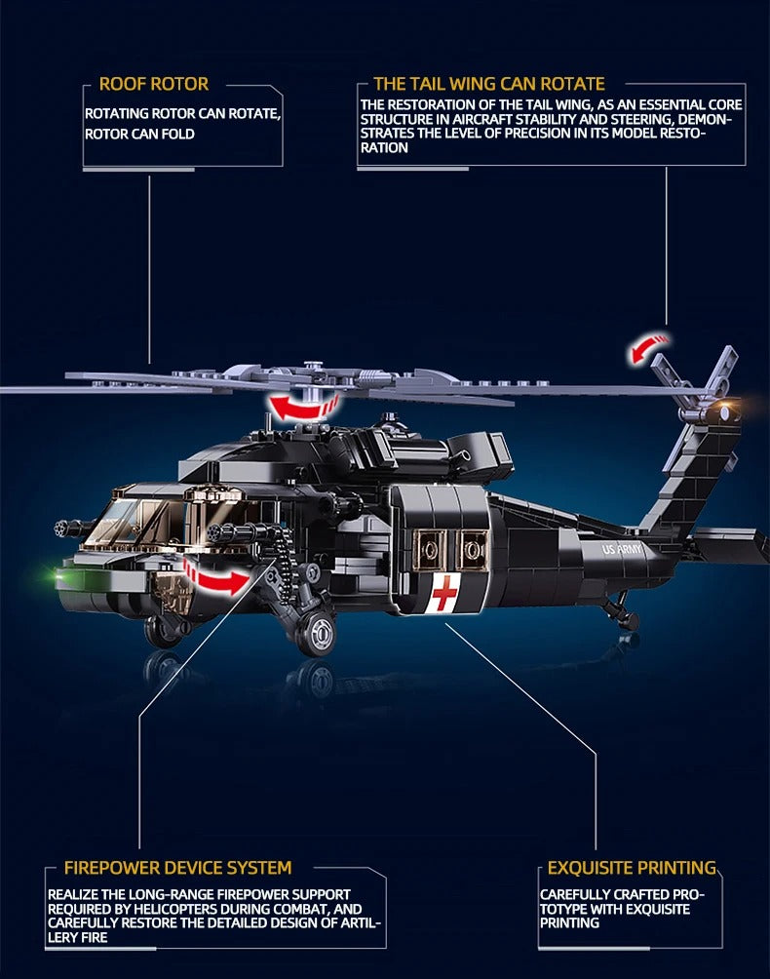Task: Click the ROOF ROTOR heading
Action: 153,84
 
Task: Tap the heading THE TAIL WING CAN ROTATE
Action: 488,84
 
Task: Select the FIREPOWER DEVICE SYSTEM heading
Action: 177,867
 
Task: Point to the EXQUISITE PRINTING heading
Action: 632,867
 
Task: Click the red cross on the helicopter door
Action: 444,593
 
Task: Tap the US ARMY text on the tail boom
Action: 625,550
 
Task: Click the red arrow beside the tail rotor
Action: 650,347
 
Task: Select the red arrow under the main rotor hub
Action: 304,406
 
